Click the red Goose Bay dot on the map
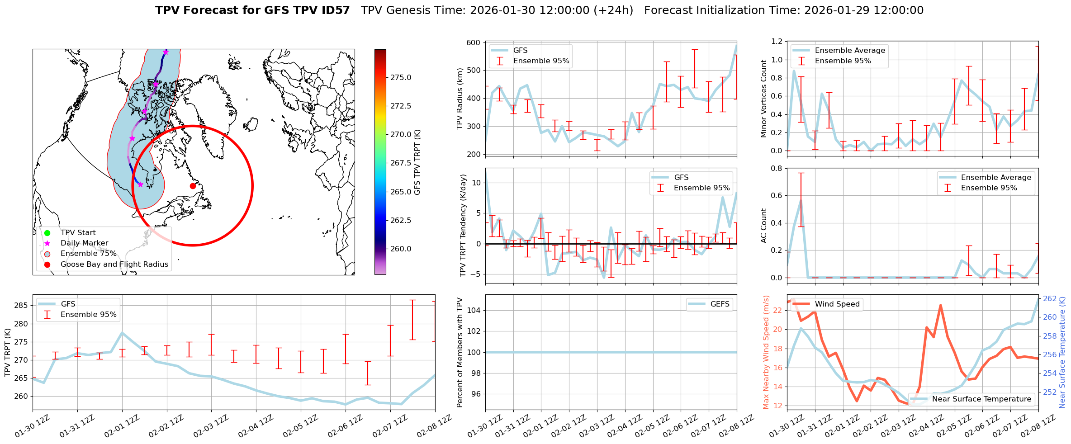pos(193,186)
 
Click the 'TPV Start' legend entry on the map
pos(78,233)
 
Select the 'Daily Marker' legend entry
pos(84,243)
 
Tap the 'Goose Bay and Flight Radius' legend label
pos(114,265)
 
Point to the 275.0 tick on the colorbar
pos(401,77)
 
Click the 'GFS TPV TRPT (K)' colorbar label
pos(417,162)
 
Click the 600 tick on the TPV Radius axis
pos(474,43)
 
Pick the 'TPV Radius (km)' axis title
pos(460,99)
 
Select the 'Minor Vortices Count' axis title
pos(764,99)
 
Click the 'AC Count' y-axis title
pos(764,226)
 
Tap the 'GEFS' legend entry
pos(720,304)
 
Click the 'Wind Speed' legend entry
pos(837,304)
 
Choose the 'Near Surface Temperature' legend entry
pos(981,399)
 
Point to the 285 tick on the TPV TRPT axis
pos(21,306)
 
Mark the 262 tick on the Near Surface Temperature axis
pos(1050,298)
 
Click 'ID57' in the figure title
pos(335,10)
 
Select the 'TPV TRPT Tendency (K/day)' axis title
pos(463,226)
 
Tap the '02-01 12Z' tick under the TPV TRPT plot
pos(121,426)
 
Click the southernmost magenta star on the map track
pos(140,184)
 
